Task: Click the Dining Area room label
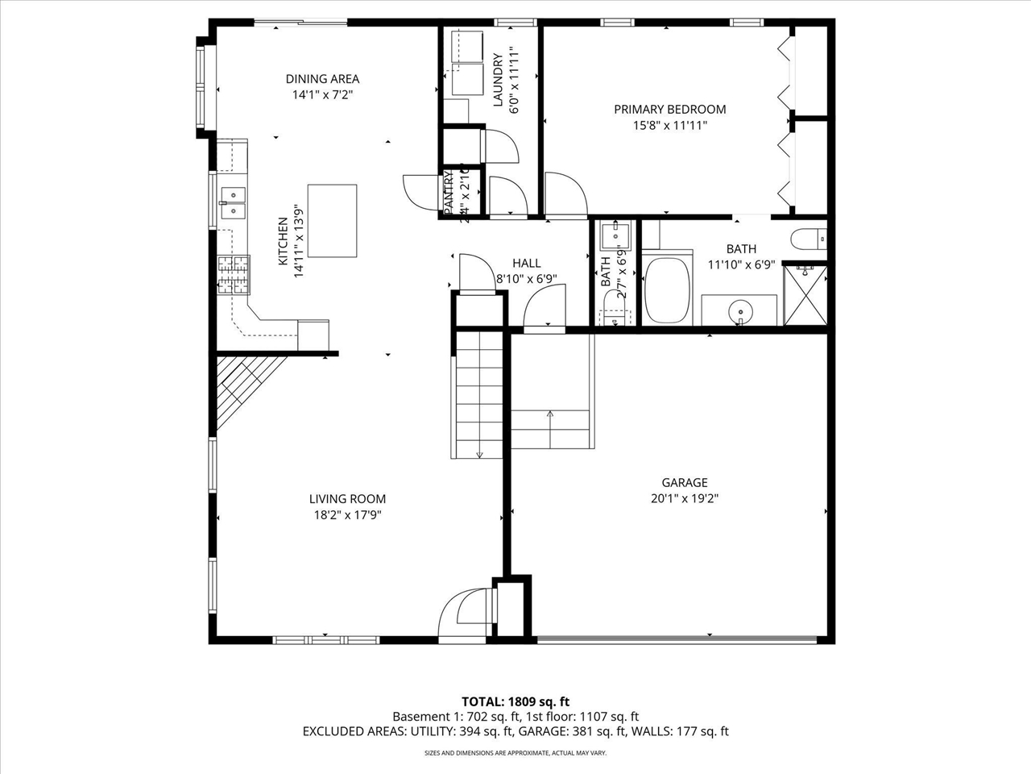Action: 322,79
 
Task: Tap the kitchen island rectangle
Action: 332,221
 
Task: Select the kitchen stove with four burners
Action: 234,274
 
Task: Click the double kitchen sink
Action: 234,202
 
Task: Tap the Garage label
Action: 685,482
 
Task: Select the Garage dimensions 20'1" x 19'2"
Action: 685,498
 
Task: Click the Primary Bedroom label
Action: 669,110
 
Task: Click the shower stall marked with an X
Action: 805,295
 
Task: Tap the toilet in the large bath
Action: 809,238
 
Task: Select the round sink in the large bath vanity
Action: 740,310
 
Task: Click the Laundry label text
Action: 498,81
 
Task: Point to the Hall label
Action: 527,263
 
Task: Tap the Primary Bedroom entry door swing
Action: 565,195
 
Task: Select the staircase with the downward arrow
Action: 479,395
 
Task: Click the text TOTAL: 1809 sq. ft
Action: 515,701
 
